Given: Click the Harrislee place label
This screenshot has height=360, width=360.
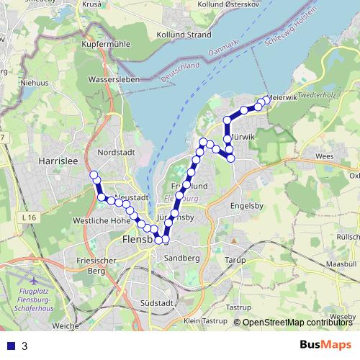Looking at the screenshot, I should (x=59, y=161).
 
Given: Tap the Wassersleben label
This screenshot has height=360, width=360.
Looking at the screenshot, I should (x=112, y=79).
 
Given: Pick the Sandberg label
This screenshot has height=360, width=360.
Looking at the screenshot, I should (x=181, y=257).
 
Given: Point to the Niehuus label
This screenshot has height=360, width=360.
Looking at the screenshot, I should (x=34, y=83).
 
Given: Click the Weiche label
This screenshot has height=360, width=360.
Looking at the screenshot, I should (x=66, y=326).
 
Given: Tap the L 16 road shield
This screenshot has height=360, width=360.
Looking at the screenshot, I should (x=29, y=217).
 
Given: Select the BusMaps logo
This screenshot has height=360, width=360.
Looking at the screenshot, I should (x=325, y=345).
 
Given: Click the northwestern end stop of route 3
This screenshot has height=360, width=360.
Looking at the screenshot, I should (x=94, y=175).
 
